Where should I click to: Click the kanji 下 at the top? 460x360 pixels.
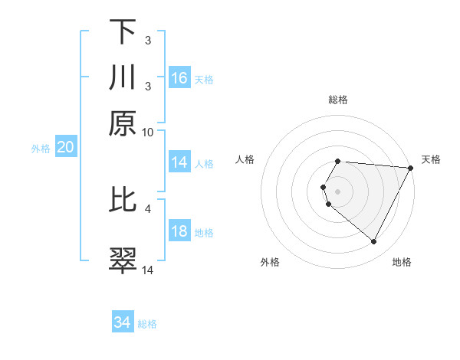pos(123,31)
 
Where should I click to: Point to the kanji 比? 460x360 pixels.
pos(123,201)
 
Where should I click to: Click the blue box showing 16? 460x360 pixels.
pos(179,77)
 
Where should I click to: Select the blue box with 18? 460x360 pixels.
pos(179,232)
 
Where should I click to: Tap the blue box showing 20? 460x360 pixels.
pos(65,147)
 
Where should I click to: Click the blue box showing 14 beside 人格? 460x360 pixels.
pos(179,162)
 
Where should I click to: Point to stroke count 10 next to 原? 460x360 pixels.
pos(148,132)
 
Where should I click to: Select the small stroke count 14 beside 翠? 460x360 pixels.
pos(148,270)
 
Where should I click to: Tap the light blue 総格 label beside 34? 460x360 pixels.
pos(147,324)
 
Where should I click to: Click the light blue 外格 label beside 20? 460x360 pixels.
pos(40,149)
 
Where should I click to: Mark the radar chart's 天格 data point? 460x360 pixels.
pos(411,169)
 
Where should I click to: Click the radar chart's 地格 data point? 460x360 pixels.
pos(374,242)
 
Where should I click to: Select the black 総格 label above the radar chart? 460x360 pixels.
pos(338,100)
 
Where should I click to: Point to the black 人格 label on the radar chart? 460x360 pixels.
pos(245,159)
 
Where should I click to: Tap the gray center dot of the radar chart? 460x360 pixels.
pos(338,191)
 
